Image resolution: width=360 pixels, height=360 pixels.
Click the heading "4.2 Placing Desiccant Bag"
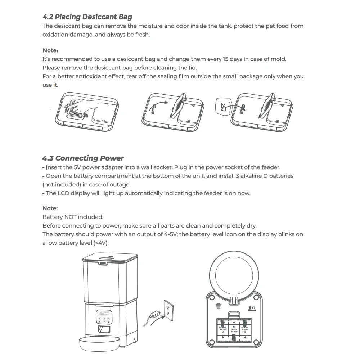(87, 17)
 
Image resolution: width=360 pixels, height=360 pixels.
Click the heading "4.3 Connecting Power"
(83, 158)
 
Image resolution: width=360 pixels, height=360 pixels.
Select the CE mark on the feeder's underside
(252, 308)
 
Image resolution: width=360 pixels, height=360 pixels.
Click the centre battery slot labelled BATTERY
(234, 327)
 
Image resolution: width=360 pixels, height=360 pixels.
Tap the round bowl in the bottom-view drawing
(234, 274)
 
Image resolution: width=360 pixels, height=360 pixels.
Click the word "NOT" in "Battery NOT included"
(70, 217)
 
